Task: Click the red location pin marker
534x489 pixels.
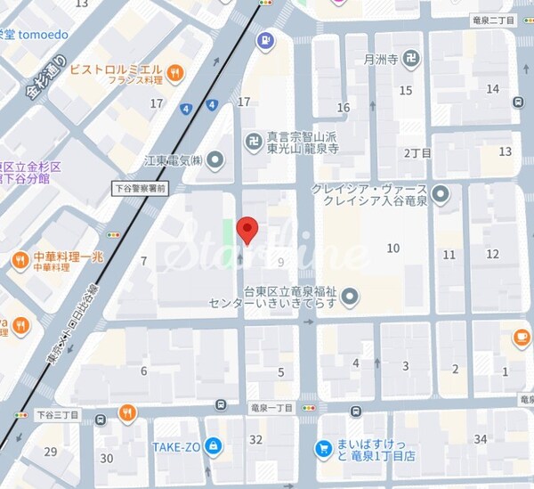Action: (248, 230)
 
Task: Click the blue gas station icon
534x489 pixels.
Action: (264, 40)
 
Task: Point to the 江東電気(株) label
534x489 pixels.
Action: (174, 161)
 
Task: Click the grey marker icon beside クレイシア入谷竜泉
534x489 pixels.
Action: (441, 193)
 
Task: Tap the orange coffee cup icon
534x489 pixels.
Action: (522, 337)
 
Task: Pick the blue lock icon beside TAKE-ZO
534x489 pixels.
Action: (212, 445)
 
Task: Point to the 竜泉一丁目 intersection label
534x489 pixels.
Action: (273, 406)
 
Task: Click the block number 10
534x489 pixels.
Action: (392, 248)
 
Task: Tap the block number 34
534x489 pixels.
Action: (481, 438)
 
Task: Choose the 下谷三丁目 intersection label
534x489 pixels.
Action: (58, 414)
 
